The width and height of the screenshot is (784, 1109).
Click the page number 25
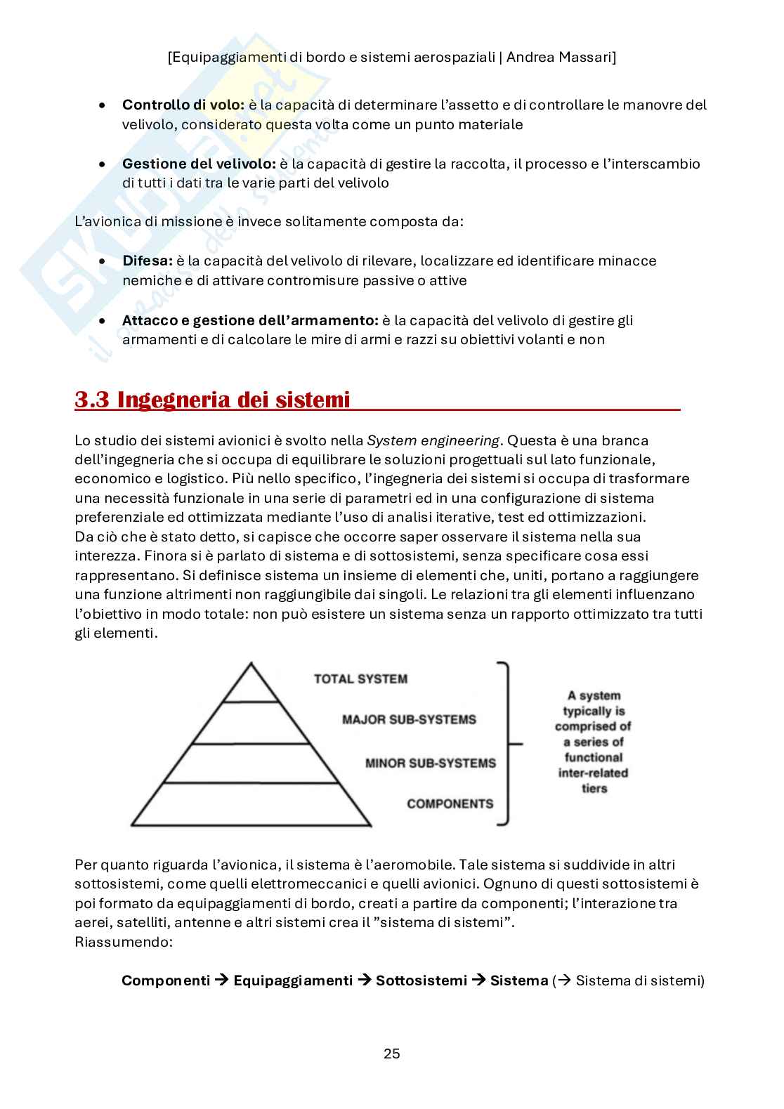click(392, 1054)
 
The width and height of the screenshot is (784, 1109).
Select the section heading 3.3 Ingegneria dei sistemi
click(212, 400)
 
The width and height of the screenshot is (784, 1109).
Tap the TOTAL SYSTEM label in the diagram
click(360, 678)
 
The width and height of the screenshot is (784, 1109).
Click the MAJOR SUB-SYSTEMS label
click(409, 719)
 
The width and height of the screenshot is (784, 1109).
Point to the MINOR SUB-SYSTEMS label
click(430, 763)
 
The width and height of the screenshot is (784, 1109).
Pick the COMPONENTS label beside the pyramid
click(450, 803)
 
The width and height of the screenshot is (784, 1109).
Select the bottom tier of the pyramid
click(251, 805)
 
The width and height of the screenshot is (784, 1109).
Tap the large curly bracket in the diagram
click(506, 742)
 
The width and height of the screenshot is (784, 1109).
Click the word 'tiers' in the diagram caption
click(594, 788)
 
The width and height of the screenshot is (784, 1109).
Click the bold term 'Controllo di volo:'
click(183, 105)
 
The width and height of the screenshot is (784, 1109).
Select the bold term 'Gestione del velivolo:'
click(199, 164)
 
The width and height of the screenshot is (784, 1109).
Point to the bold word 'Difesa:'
click(147, 261)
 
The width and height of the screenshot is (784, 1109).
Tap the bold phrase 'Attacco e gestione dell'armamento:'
click(250, 320)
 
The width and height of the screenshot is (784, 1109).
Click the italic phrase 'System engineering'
click(433, 440)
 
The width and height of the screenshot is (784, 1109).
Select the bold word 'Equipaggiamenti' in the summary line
click(293, 980)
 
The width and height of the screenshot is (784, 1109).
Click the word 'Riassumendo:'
click(123, 941)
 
